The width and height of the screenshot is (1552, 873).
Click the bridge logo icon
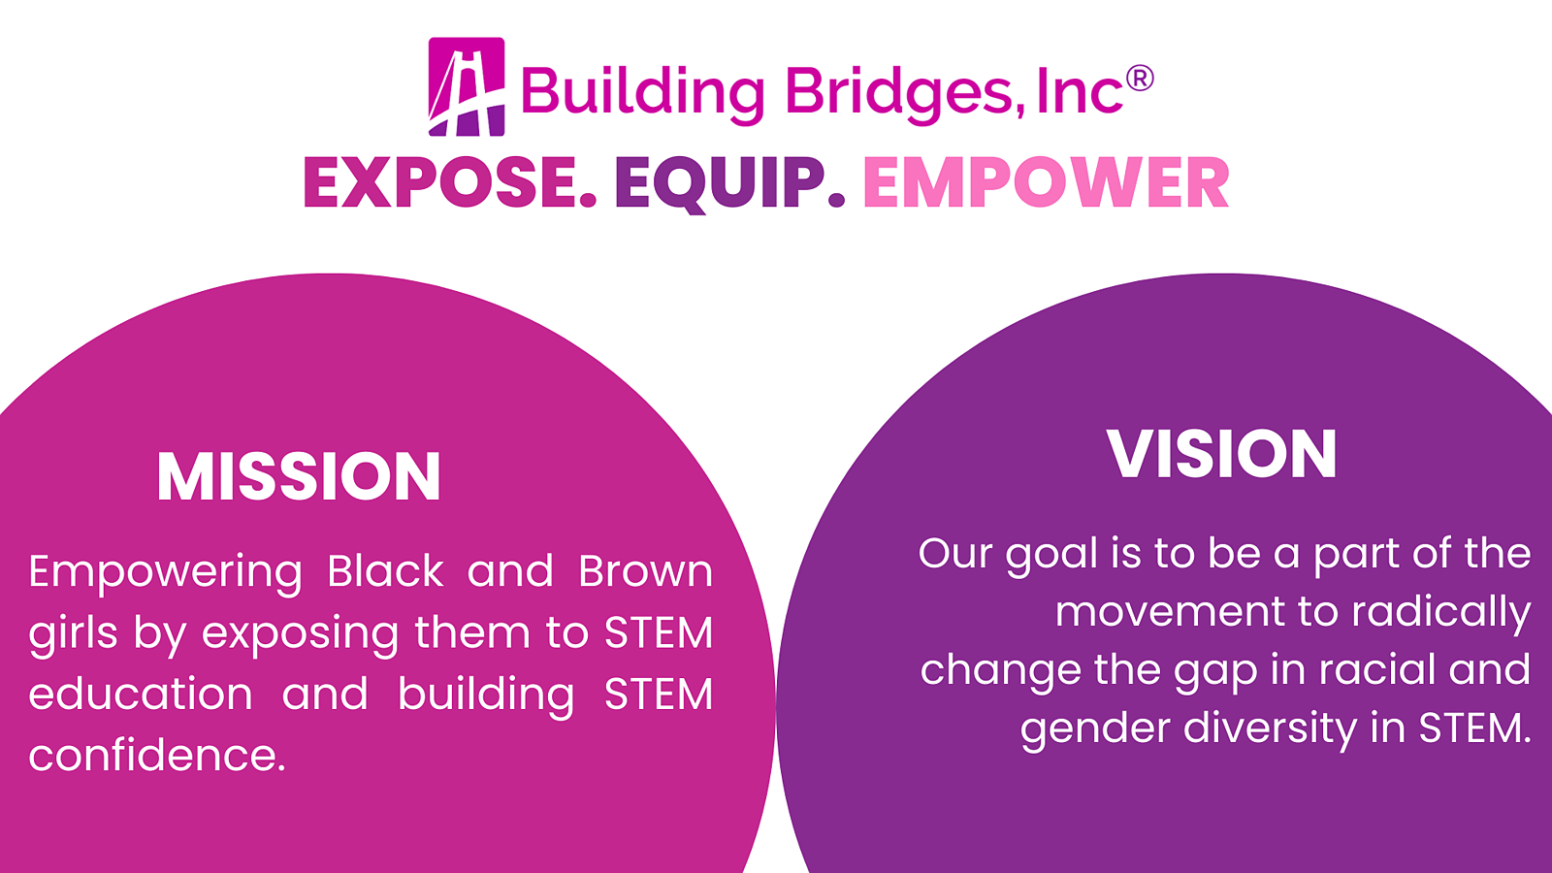(x=467, y=86)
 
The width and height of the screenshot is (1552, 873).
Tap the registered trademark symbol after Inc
(x=1140, y=78)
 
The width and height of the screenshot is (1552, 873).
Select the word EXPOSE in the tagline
(x=449, y=182)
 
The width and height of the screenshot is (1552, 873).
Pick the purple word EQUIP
(x=729, y=183)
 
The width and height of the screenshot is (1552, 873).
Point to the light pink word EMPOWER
(x=1047, y=182)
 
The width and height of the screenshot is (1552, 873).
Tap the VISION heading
(x=1221, y=454)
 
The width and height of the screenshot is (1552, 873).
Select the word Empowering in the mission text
(x=166, y=574)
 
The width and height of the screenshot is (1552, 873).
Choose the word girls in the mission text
(x=73, y=635)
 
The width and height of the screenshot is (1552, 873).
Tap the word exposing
(x=300, y=635)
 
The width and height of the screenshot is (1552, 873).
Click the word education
(x=141, y=694)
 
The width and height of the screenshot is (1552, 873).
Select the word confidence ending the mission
(x=157, y=755)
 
